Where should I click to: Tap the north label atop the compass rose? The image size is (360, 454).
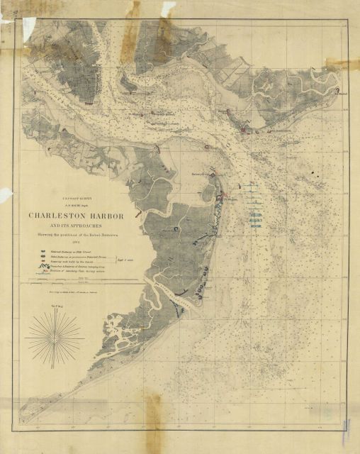point(55,306)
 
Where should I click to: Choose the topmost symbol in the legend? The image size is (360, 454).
point(35,251)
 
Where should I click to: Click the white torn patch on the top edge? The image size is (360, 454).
point(169,7)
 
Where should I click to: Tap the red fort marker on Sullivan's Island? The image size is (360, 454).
point(244,129)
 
